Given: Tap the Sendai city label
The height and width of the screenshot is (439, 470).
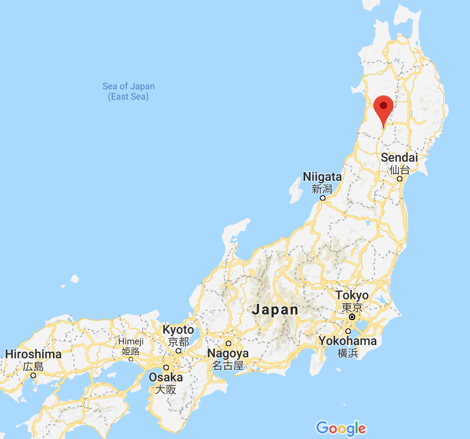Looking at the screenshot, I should [x=399, y=158].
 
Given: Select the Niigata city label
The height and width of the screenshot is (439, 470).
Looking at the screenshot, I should [x=322, y=177].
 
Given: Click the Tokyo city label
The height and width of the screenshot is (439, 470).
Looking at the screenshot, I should [x=352, y=295].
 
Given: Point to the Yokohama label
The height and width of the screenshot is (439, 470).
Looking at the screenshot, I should [x=347, y=341].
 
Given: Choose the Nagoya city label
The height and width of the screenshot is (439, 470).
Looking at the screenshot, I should [x=228, y=353].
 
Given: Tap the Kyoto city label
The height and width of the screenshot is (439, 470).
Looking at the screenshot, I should [x=178, y=330].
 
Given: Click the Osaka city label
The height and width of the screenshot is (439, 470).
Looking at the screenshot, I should [x=166, y=378].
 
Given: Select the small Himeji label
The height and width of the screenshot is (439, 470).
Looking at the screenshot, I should [x=131, y=341].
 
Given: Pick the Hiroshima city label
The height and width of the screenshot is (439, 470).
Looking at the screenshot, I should [x=33, y=354].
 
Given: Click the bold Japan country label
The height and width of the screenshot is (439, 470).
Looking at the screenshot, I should [x=275, y=310].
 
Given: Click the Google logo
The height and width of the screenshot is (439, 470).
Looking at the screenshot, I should [x=340, y=428].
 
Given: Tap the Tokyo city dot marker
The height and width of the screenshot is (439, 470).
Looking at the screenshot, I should [x=352, y=317].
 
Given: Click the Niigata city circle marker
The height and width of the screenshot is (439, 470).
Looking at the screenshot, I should [x=322, y=198].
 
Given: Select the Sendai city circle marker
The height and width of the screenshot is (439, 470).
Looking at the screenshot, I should [x=400, y=178].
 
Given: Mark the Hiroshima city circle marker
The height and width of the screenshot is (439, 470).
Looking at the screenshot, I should [x=33, y=376].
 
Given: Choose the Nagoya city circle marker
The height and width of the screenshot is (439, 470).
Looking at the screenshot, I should [x=228, y=343].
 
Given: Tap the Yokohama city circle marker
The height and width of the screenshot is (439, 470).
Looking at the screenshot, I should [x=348, y=331].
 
